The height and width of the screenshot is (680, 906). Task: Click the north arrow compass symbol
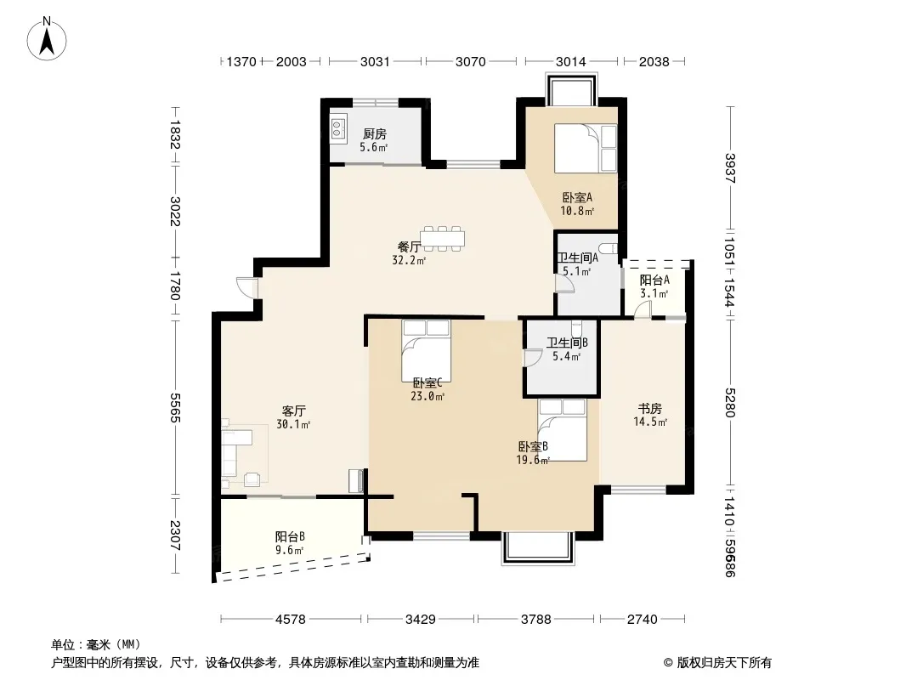pos(47,38)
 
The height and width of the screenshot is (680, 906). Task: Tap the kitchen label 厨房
pos(375,134)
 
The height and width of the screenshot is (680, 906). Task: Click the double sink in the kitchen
pos(337,128)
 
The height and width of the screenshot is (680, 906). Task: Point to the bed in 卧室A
pos(586,148)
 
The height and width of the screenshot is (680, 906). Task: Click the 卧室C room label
pos(428,383)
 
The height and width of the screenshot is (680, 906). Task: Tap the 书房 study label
pos(650,409)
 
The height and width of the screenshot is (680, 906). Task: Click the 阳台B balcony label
pos(290,536)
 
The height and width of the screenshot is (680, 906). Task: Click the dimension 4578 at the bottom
pos(290,620)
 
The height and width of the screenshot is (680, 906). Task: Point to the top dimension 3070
pos(470,61)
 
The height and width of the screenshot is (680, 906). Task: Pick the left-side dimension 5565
pos(176,407)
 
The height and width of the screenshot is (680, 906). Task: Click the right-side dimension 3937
pos(730,167)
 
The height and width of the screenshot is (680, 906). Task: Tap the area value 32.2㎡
pos(409,261)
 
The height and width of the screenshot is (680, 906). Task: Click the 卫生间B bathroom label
pos(567,343)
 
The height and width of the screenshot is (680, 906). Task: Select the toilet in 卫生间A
pos(609,249)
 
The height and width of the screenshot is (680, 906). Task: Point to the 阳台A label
pos(654,280)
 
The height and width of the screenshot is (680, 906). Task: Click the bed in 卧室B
pos(562,430)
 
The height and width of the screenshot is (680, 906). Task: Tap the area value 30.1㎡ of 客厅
pos(293,425)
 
